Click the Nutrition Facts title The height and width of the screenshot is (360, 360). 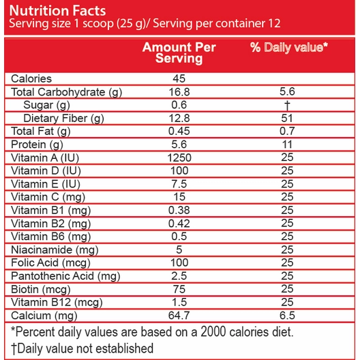[57, 10]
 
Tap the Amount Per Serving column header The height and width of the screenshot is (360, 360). [179, 52]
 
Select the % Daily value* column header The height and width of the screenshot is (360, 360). [289, 48]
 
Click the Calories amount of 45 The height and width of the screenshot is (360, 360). [179, 79]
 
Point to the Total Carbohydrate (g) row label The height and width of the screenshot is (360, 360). [66, 92]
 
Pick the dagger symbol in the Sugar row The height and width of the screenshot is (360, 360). [287, 106]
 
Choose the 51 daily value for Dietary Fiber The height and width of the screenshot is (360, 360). [287, 119]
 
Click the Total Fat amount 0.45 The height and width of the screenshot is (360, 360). [179, 132]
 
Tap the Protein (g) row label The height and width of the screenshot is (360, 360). [37, 145]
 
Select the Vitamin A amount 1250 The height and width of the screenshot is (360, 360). [179, 158]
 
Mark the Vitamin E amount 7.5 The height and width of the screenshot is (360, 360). [179, 184]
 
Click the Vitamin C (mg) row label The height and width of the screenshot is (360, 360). [48, 198]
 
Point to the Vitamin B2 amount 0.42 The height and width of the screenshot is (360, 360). [179, 224]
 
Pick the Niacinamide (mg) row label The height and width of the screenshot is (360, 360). [55, 250]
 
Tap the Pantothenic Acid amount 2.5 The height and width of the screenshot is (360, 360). [179, 276]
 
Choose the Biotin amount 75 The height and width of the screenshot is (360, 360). [179, 289]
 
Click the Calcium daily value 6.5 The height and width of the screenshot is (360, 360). [287, 316]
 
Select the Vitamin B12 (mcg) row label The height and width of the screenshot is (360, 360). [57, 303]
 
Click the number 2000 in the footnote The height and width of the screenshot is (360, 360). [213, 332]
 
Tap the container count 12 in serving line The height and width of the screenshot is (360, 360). [274, 24]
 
